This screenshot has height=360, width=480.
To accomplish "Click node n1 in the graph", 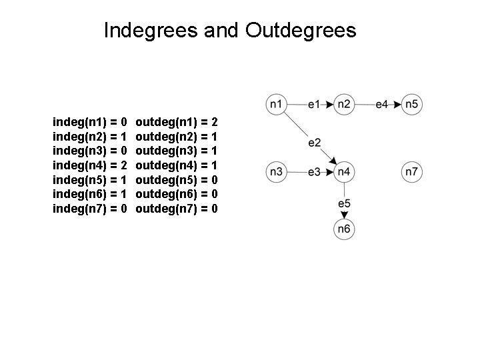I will [x=276, y=104].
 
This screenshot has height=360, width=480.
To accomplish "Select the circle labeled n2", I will [x=344, y=104].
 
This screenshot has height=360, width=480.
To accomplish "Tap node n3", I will [x=276, y=172].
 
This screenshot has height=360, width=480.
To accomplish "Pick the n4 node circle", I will [x=344, y=172].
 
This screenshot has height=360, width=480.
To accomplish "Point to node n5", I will [x=412, y=104].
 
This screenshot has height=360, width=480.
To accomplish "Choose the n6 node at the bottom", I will [x=344, y=229].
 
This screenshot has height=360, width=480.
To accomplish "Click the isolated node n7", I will [x=412, y=172].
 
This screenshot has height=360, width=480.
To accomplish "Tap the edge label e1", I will [x=314, y=104].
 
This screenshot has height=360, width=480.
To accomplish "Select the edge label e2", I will [x=315, y=142].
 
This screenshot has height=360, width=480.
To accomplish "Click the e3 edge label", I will [x=314, y=172].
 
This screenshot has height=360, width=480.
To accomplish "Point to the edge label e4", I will [x=382, y=104].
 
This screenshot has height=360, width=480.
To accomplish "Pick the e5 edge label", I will [x=344, y=203].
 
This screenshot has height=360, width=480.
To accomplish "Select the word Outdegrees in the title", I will [x=301, y=30].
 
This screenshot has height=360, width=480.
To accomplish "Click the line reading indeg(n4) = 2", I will [x=90, y=165].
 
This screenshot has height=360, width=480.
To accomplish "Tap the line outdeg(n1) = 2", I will [x=177, y=122].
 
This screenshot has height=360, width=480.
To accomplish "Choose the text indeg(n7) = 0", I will [x=90, y=209].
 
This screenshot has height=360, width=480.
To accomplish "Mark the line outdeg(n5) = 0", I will [x=177, y=180].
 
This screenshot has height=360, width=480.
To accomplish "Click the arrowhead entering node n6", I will [x=344, y=215].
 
